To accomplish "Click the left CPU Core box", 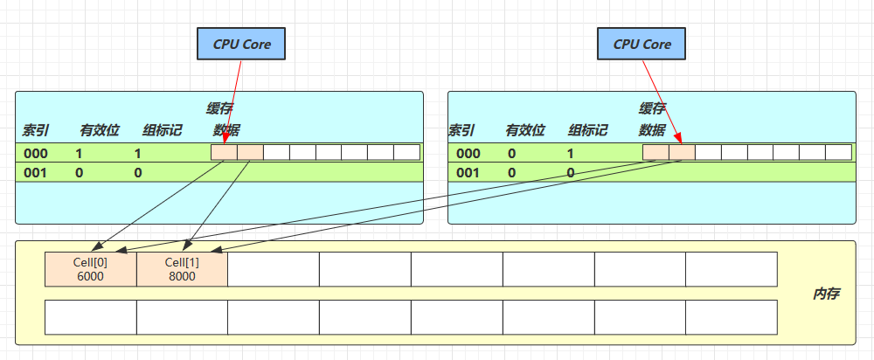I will [x=241, y=43].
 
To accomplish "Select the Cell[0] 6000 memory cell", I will [x=91, y=269].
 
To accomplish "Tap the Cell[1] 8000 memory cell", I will [x=182, y=269].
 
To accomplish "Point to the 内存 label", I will [x=825, y=294].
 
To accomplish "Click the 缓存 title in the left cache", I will [x=219, y=108].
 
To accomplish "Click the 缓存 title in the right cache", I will [x=652, y=108].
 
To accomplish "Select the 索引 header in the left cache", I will [x=36, y=131].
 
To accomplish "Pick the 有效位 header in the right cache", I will [x=524, y=131].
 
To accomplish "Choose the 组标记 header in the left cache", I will [x=162, y=131].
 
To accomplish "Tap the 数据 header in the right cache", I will [x=652, y=131].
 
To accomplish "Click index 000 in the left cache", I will [x=36, y=153].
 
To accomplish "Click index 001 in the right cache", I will [x=468, y=173].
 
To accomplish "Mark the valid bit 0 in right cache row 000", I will [x=512, y=153].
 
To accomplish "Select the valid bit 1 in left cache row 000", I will [x=79, y=153].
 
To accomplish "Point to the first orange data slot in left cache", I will [x=224, y=153].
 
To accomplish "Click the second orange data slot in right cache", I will [x=682, y=153].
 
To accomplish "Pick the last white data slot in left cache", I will [x=406, y=153].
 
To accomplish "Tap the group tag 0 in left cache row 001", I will [x=137, y=173].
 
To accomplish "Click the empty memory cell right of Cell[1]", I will [x=273, y=269].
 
